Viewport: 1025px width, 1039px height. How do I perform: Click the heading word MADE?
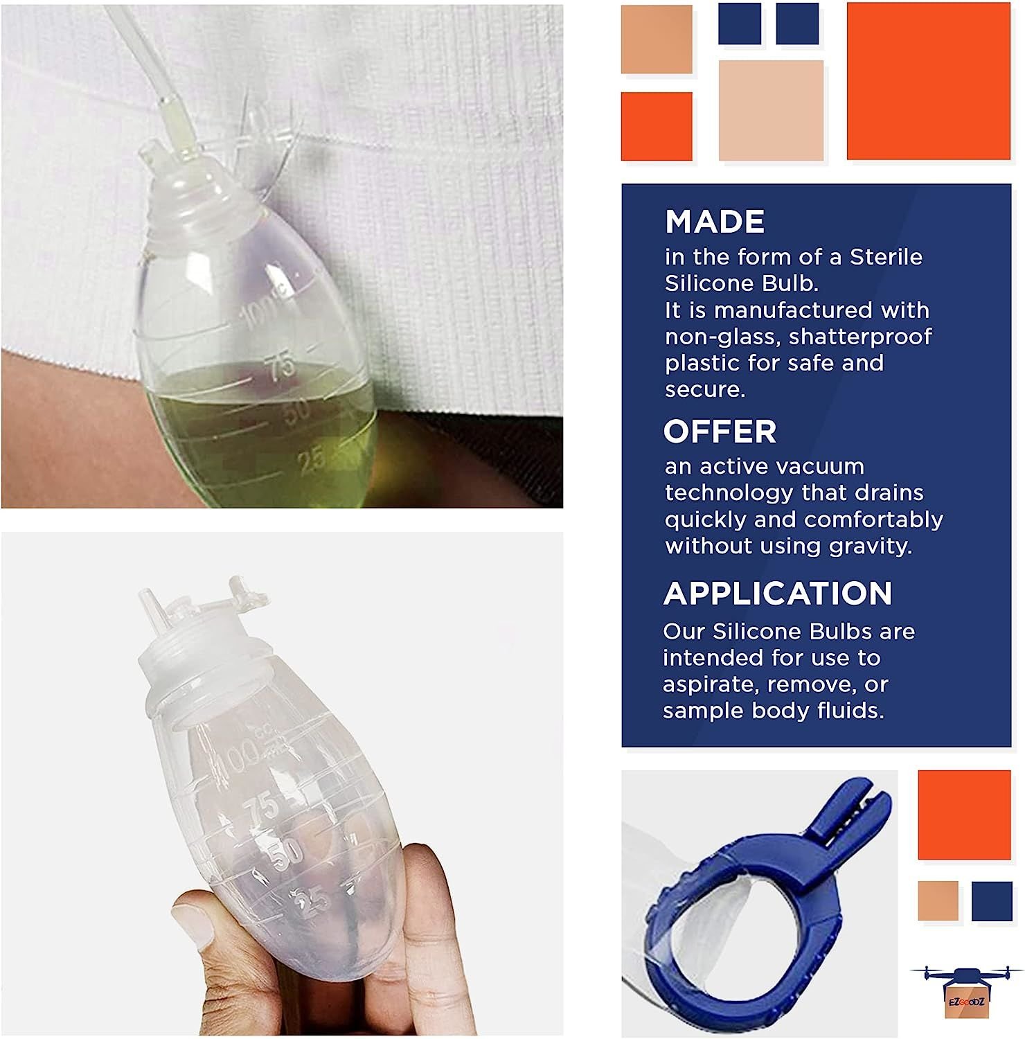[x=715, y=222]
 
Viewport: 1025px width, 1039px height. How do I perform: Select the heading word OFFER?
[x=720, y=432]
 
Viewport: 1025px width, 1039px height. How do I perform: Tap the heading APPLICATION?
[x=778, y=594]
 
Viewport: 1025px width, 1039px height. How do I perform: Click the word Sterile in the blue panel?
[x=886, y=257]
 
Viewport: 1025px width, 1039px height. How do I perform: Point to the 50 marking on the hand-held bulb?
[x=285, y=854]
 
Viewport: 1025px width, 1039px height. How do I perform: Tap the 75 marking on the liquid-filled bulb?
[x=282, y=367]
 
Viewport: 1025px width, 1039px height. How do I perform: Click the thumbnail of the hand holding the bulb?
[x=282, y=784]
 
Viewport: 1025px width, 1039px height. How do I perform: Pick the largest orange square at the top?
[x=928, y=81]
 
